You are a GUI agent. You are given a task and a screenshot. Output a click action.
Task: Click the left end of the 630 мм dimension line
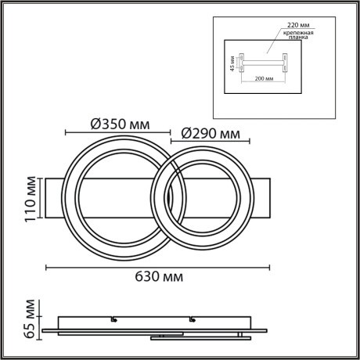click(x=47, y=267)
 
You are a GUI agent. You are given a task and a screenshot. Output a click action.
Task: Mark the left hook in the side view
click(x=114, y=319)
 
